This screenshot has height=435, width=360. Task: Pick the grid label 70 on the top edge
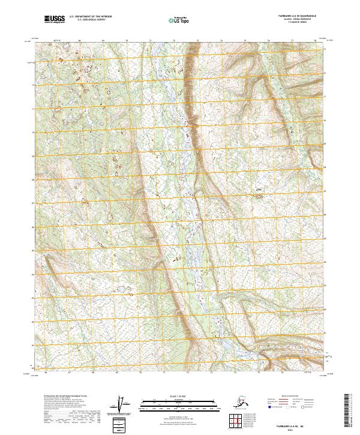(127, 41)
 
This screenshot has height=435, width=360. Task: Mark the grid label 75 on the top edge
(245, 41)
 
